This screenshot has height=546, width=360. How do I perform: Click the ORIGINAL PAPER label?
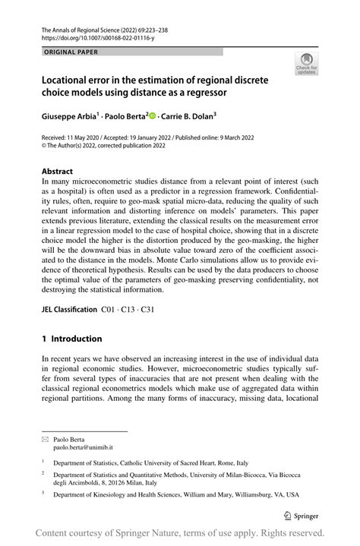click(72, 52)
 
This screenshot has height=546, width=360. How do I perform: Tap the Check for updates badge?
click(307, 64)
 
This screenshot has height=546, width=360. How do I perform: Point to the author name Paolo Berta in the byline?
click(125, 117)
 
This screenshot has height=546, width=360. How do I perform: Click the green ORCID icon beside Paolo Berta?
click(152, 116)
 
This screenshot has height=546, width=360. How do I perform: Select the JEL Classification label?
click(70, 310)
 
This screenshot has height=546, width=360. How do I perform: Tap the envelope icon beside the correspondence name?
click(46, 439)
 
